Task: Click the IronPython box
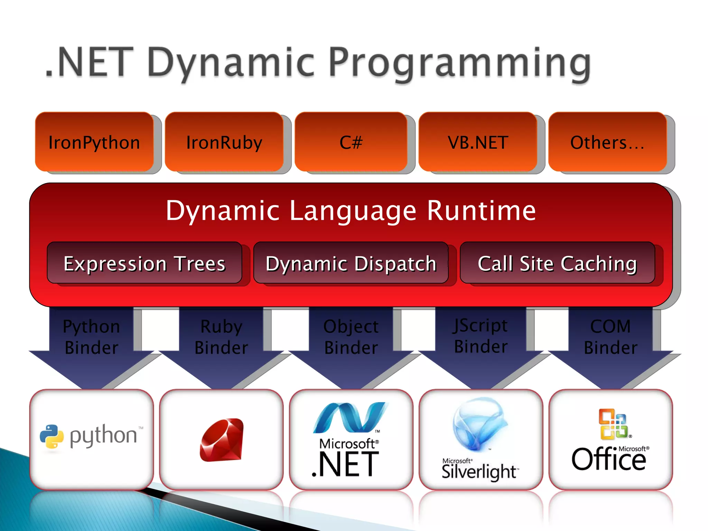pos(94,142)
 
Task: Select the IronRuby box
pos(224,142)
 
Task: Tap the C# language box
pos(351,142)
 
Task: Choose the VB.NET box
pos(478,142)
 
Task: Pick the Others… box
pos(607,142)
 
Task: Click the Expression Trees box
pos(145,263)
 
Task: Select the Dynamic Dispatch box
pos(351,263)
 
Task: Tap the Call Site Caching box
pos(557,263)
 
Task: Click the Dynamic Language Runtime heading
pos(351,211)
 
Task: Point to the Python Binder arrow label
pos(92,337)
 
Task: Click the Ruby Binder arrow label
pos(221,337)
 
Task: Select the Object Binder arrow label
pos(351,337)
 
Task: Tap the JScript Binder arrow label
pos(481,336)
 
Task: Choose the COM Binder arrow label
pos(611,337)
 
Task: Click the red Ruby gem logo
pos(222,440)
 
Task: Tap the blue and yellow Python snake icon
pos(52,436)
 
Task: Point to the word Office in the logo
pos(608,460)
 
